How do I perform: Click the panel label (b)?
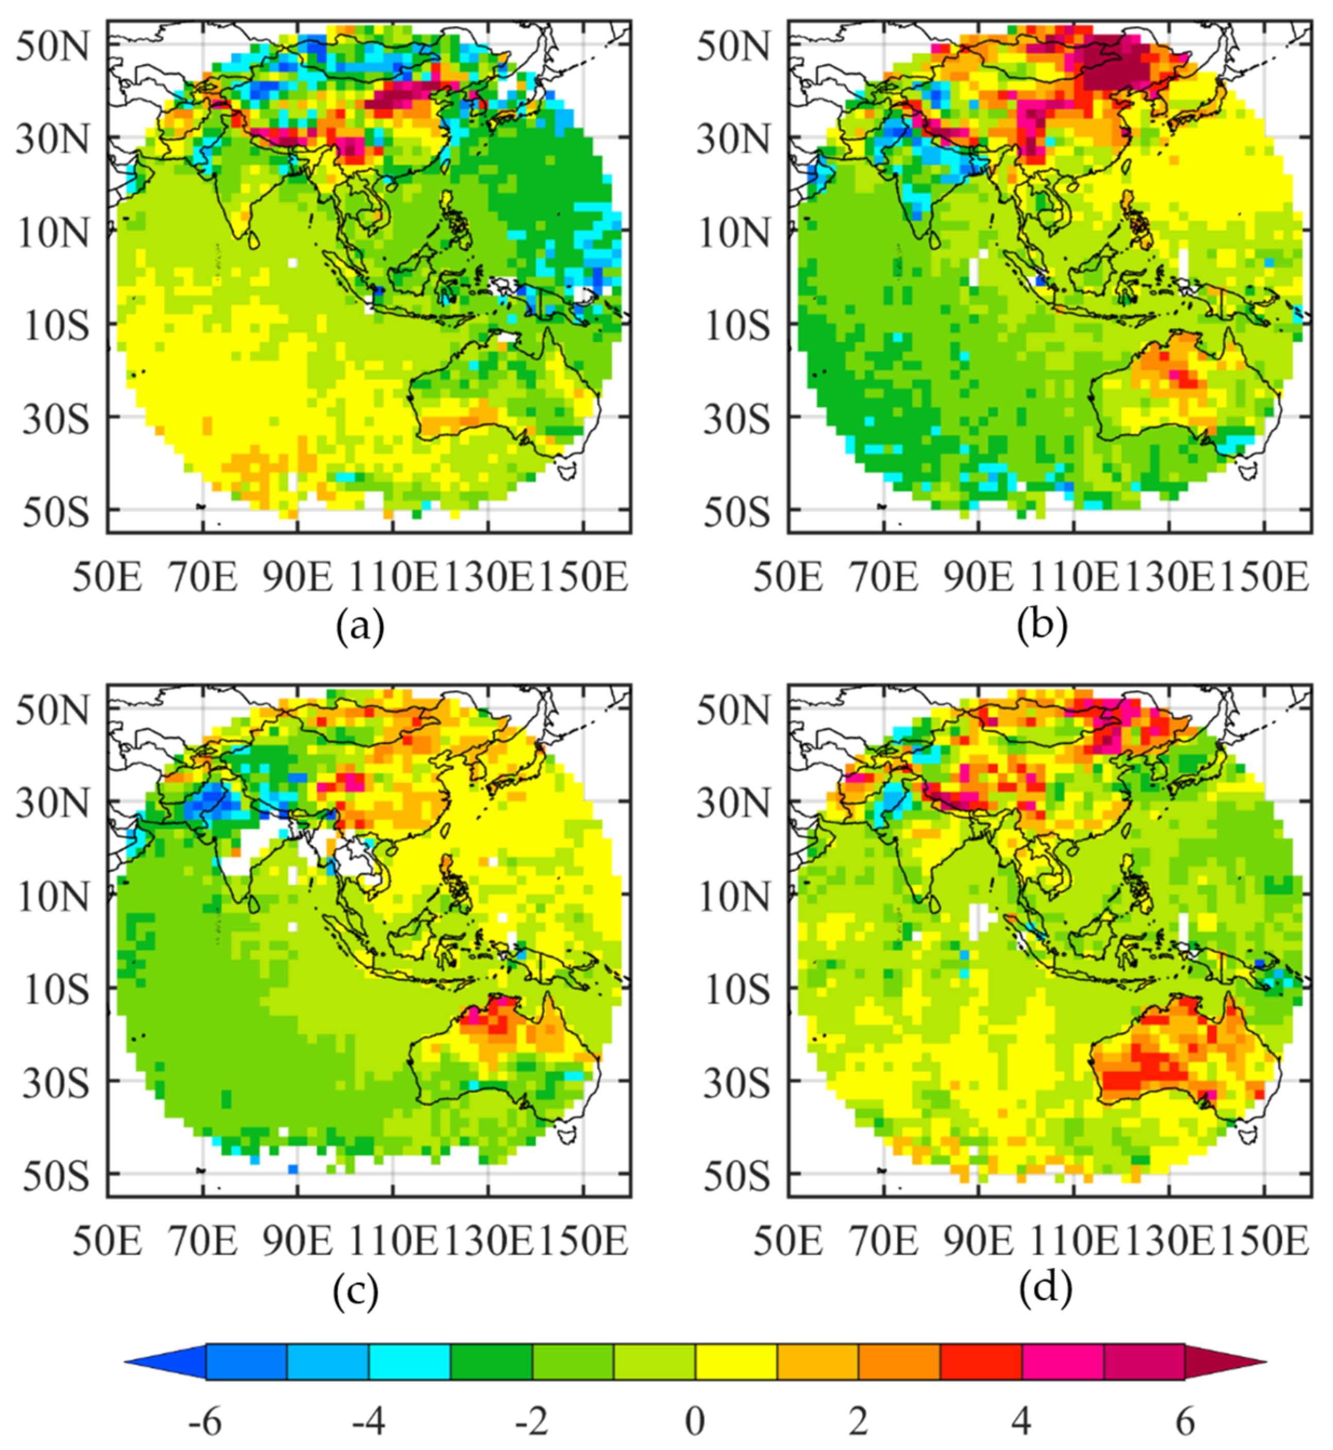point(1041,629)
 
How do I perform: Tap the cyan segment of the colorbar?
point(409,1362)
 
